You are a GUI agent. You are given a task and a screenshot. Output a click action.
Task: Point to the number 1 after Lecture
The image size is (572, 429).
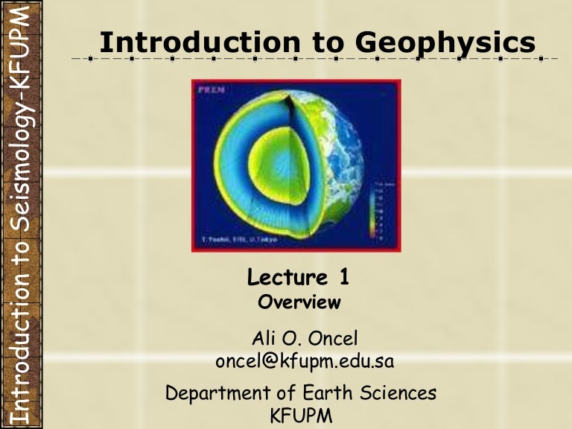[344, 279]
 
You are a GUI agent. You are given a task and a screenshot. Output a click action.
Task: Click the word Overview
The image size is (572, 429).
[298, 303]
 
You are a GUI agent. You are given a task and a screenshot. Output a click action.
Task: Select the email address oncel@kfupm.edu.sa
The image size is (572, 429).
[304, 362]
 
